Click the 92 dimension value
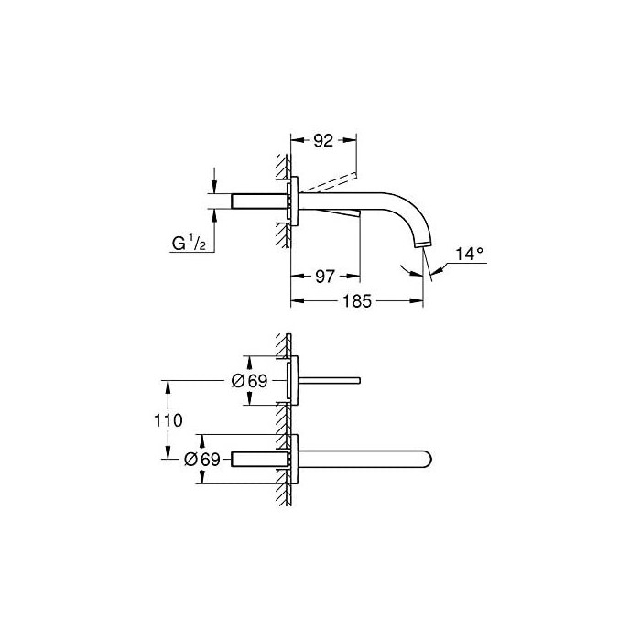[x=323, y=141]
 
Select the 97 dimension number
[x=325, y=277]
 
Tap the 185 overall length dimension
[x=357, y=301]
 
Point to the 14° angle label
[x=470, y=254]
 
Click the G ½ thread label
[x=189, y=244]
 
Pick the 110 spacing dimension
[x=168, y=420]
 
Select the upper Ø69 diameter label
[x=249, y=381]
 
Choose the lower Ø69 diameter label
[x=202, y=459]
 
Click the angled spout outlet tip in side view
[x=424, y=244]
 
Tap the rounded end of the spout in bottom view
[x=428, y=459]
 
